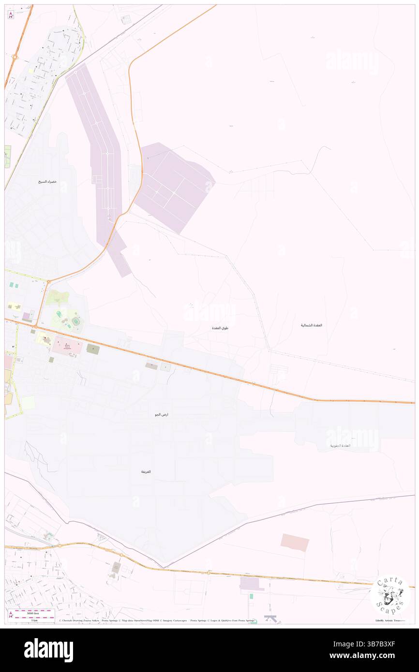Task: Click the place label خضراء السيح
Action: tap(48, 182)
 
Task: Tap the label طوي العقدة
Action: tap(220, 328)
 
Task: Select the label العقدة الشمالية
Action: tap(311, 325)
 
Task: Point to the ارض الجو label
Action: tap(162, 415)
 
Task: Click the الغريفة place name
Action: tap(146, 471)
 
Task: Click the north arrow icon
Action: tap(11, 15)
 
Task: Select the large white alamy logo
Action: tap(48, 650)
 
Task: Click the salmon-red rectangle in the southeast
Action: tap(295, 542)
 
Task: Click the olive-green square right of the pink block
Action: tap(93, 348)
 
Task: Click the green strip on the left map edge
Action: tap(7, 157)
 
